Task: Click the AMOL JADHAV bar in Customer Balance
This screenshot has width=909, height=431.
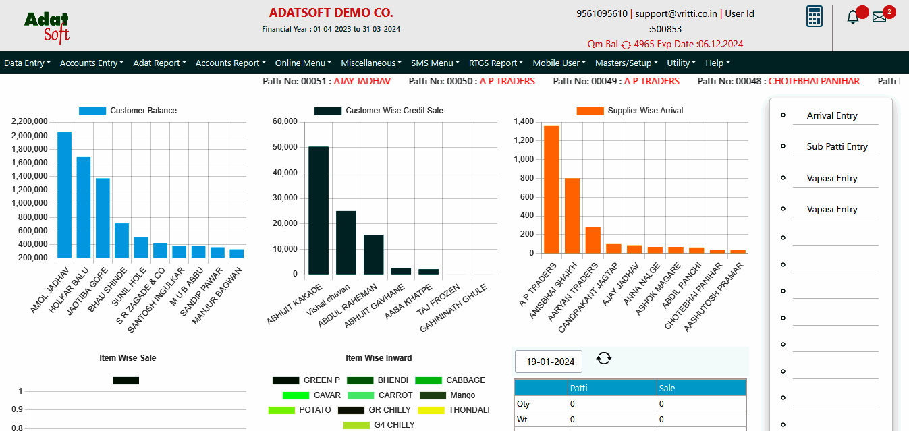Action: pos(64,195)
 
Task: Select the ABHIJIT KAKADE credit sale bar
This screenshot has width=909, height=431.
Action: pos(319,210)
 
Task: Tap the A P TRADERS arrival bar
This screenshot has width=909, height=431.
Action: pos(551,190)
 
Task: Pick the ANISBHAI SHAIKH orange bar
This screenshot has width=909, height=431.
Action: pos(572,216)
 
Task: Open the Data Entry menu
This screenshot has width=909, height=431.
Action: pos(27,63)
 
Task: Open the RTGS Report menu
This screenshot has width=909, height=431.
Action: pos(496,63)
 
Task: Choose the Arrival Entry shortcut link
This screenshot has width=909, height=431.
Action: pos(832,115)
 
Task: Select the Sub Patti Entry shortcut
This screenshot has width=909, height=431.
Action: pos(837,146)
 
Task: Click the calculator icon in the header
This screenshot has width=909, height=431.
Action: pos(815,16)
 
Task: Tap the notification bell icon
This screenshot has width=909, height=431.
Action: pos(853,18)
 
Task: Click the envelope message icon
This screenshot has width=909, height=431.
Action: pos(879,18)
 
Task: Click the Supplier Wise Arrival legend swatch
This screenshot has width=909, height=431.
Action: pos(589,111)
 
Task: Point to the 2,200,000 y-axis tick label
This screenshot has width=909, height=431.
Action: pos(29,121)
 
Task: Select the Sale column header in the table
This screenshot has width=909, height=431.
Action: pos(667,388)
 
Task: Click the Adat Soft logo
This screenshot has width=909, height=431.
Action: pos(47,27)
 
